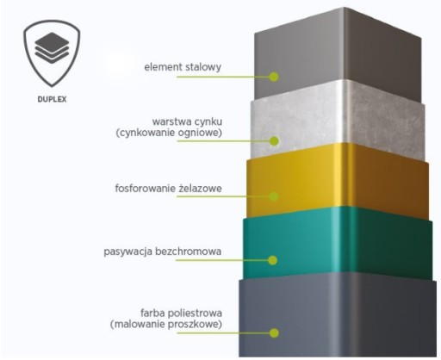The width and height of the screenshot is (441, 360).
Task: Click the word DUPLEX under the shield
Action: tap(52, 99)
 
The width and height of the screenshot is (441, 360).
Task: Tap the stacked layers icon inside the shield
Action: tap(52, 48)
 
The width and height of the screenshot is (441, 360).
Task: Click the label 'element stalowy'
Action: tap(183, 67)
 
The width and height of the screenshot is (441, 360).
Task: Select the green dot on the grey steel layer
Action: tap(274, 77)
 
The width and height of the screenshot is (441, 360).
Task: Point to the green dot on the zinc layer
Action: tap(274, 141)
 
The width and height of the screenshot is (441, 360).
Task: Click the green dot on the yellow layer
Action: tap(274, 196)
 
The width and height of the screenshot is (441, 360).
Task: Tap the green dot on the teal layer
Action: tap(273, 260)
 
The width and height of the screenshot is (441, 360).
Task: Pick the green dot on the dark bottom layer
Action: tap(274, 333)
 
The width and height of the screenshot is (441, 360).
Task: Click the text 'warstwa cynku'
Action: tap(187, 121)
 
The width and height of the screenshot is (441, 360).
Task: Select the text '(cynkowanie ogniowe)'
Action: tap(169, 133)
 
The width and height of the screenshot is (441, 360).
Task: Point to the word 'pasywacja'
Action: tap(128, 251)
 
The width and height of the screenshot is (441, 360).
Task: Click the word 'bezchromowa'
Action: tap(189, 251)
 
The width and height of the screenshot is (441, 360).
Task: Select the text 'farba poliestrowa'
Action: tap(181, 313)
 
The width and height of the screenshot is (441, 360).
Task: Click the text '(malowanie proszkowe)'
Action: tap(166, 325)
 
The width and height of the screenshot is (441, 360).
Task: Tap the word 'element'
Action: tap(164, 67)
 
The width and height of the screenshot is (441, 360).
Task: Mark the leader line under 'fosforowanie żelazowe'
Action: tap(223, 196)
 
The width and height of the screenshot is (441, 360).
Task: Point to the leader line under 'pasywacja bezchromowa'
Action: tap(222, 260)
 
